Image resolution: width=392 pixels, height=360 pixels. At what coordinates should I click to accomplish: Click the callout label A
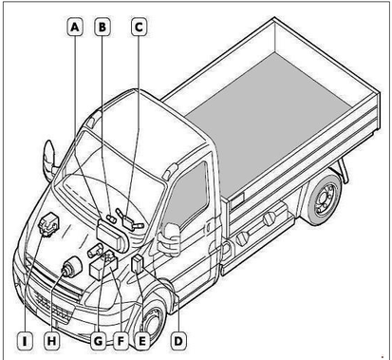pyautogui.click(x=75, y=27)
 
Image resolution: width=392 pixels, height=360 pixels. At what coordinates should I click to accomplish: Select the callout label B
pyautogui.click(x=103, y=27)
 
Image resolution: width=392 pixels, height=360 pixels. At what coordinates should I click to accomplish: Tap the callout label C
pyautogui.click(x=139, y=27)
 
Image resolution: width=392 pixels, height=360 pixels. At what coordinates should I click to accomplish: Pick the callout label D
pyautogui.click(x=178, y=341)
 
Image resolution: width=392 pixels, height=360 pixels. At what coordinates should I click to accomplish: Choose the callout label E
pyautogui.click(x=142, y=341)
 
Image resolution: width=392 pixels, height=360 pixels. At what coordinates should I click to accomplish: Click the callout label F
pyautogui.click(x=121, y=341)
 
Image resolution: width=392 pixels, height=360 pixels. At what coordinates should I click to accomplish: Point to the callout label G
pyautogui.click(x=99, y=341)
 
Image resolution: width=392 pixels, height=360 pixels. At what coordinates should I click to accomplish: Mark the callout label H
pyautogui.click(x=52, y=341)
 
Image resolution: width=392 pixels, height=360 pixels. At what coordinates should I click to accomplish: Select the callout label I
pyautogui.click(x=25, y=341)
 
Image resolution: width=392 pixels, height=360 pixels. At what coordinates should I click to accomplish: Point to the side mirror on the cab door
pyautogui.click(x=169, y=238)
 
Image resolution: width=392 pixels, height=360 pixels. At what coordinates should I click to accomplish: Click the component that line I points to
pyautogui.click(x=47, y=224)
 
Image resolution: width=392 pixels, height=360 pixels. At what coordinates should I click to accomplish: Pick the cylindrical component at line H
pyautogui.click(x=71, y=266)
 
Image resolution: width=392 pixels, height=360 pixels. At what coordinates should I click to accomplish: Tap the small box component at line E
pyautogui.click(x=138, y=263)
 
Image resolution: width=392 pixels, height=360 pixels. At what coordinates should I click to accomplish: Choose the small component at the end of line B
pyautogui.click(x=112, y=218)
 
